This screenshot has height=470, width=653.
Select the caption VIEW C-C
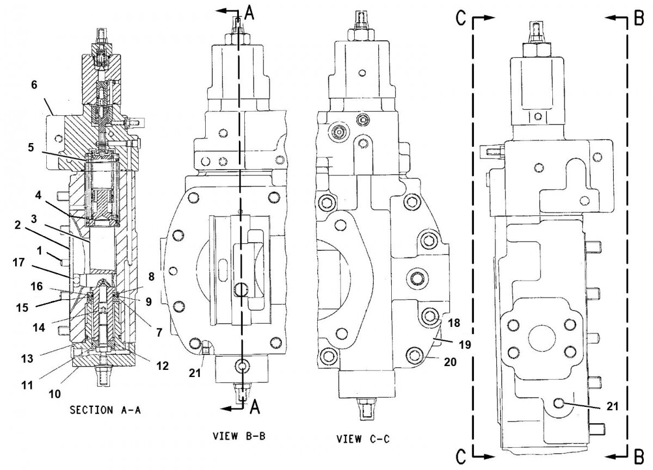[362, 438]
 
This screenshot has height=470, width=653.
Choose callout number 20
[451, 361]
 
